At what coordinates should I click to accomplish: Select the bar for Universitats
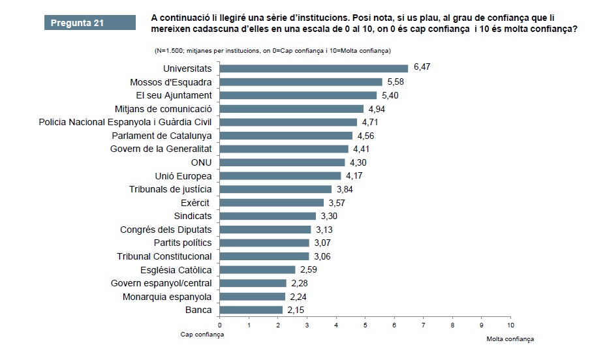313,68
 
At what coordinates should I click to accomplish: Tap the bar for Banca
251,310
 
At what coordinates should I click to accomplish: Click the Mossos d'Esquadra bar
300,82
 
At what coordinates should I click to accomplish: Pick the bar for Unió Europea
280,175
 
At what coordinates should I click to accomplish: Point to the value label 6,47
422,68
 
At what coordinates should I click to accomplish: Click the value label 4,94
377,108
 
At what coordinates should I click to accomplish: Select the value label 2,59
309,269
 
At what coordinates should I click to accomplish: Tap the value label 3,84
345,189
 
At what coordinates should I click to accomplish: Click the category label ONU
201,162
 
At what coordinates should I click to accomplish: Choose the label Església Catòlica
176,270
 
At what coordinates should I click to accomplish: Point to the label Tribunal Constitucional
164,256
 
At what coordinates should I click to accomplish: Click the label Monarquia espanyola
167,297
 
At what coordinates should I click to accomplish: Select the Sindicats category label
193,216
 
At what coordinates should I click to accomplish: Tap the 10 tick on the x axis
510,324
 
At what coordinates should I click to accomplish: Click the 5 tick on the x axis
365,324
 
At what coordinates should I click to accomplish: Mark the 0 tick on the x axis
220,324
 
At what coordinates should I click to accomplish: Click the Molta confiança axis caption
510,339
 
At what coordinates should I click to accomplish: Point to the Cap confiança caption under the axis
202,334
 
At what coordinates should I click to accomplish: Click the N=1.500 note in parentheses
272,51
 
